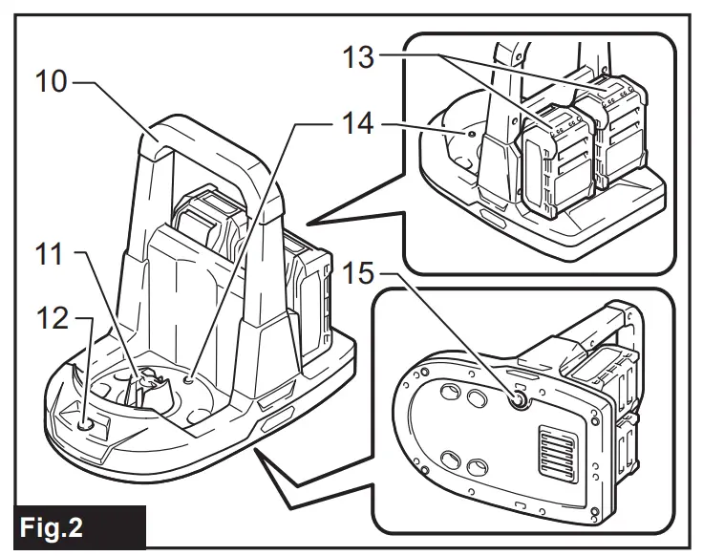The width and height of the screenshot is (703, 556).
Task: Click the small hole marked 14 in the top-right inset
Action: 469,136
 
